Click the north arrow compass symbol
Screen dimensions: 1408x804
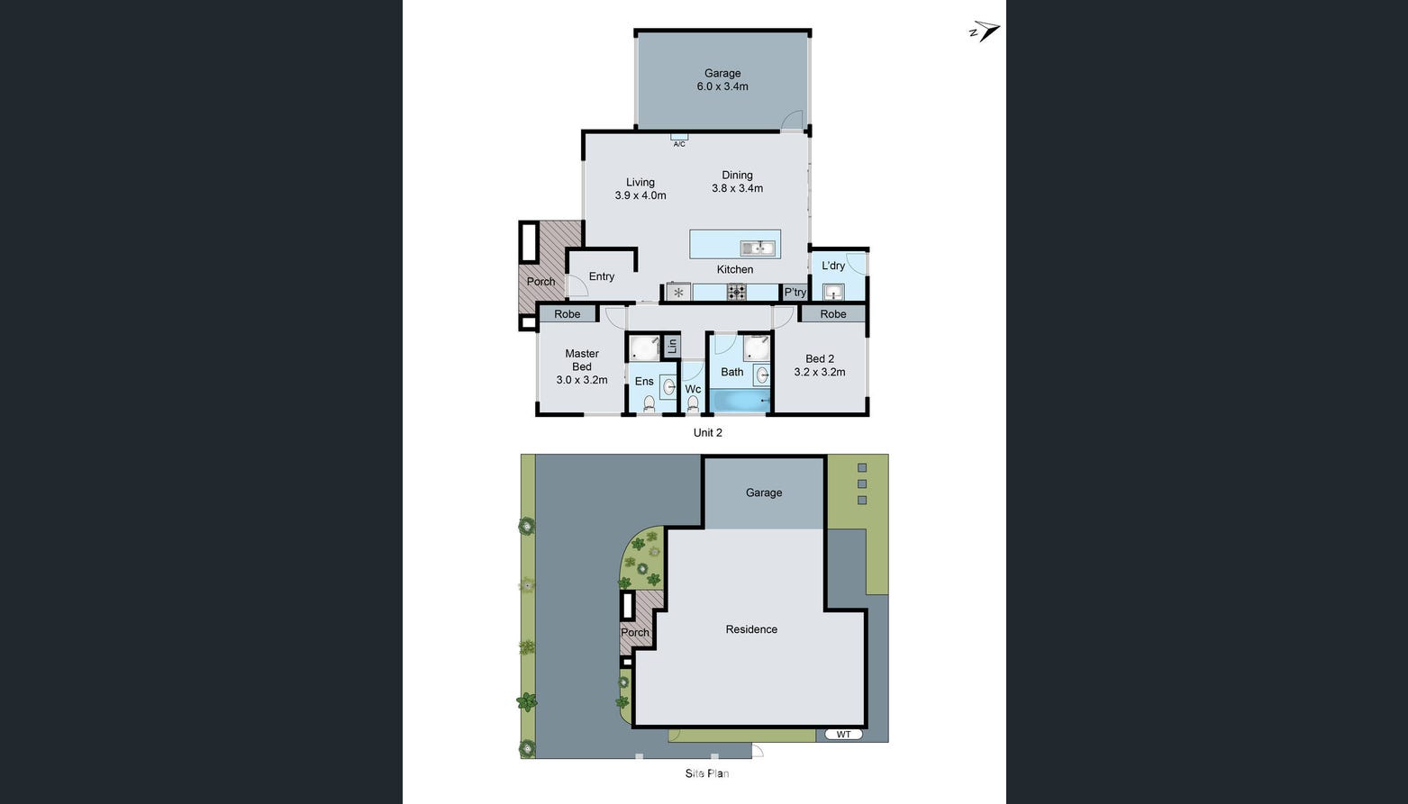pos(985,31)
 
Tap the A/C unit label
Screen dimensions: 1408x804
pos(679,144)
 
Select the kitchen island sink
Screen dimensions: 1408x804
pos(758,248)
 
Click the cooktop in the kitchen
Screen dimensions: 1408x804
pos(737,292)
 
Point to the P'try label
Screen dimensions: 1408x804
pos(795,292)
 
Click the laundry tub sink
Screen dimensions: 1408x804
pos(833,292)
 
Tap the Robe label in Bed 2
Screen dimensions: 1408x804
pos(833,314)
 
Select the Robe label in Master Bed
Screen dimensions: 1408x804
pos(567,314)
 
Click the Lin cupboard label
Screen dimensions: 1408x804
pos(672,346)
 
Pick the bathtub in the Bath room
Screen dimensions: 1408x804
pos(740,401)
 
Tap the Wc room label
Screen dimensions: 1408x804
pos(693,390)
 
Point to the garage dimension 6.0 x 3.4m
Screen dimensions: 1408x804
pos(722,86)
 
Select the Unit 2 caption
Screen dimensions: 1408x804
pos(708,433)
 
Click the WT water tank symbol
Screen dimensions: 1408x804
pos(843,735)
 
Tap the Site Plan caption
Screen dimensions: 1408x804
pos(707,773)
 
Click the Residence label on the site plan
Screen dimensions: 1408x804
pos(752,629)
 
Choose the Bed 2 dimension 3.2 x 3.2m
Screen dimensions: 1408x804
pos(820,372)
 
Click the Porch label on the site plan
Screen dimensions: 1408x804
pos(635,633)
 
